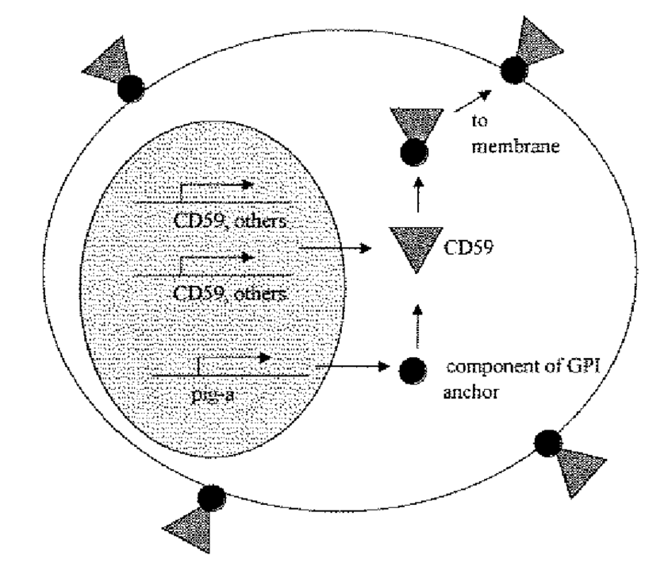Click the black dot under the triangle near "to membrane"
click(x=411, y=153)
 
